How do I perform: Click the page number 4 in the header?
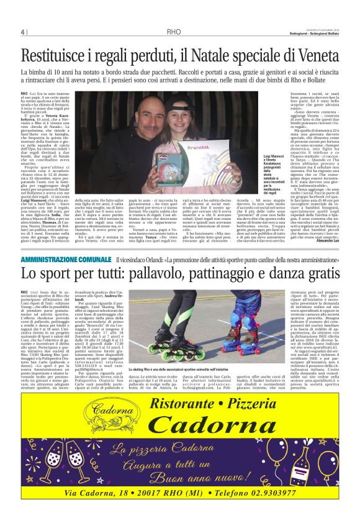[x=23, y=32]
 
